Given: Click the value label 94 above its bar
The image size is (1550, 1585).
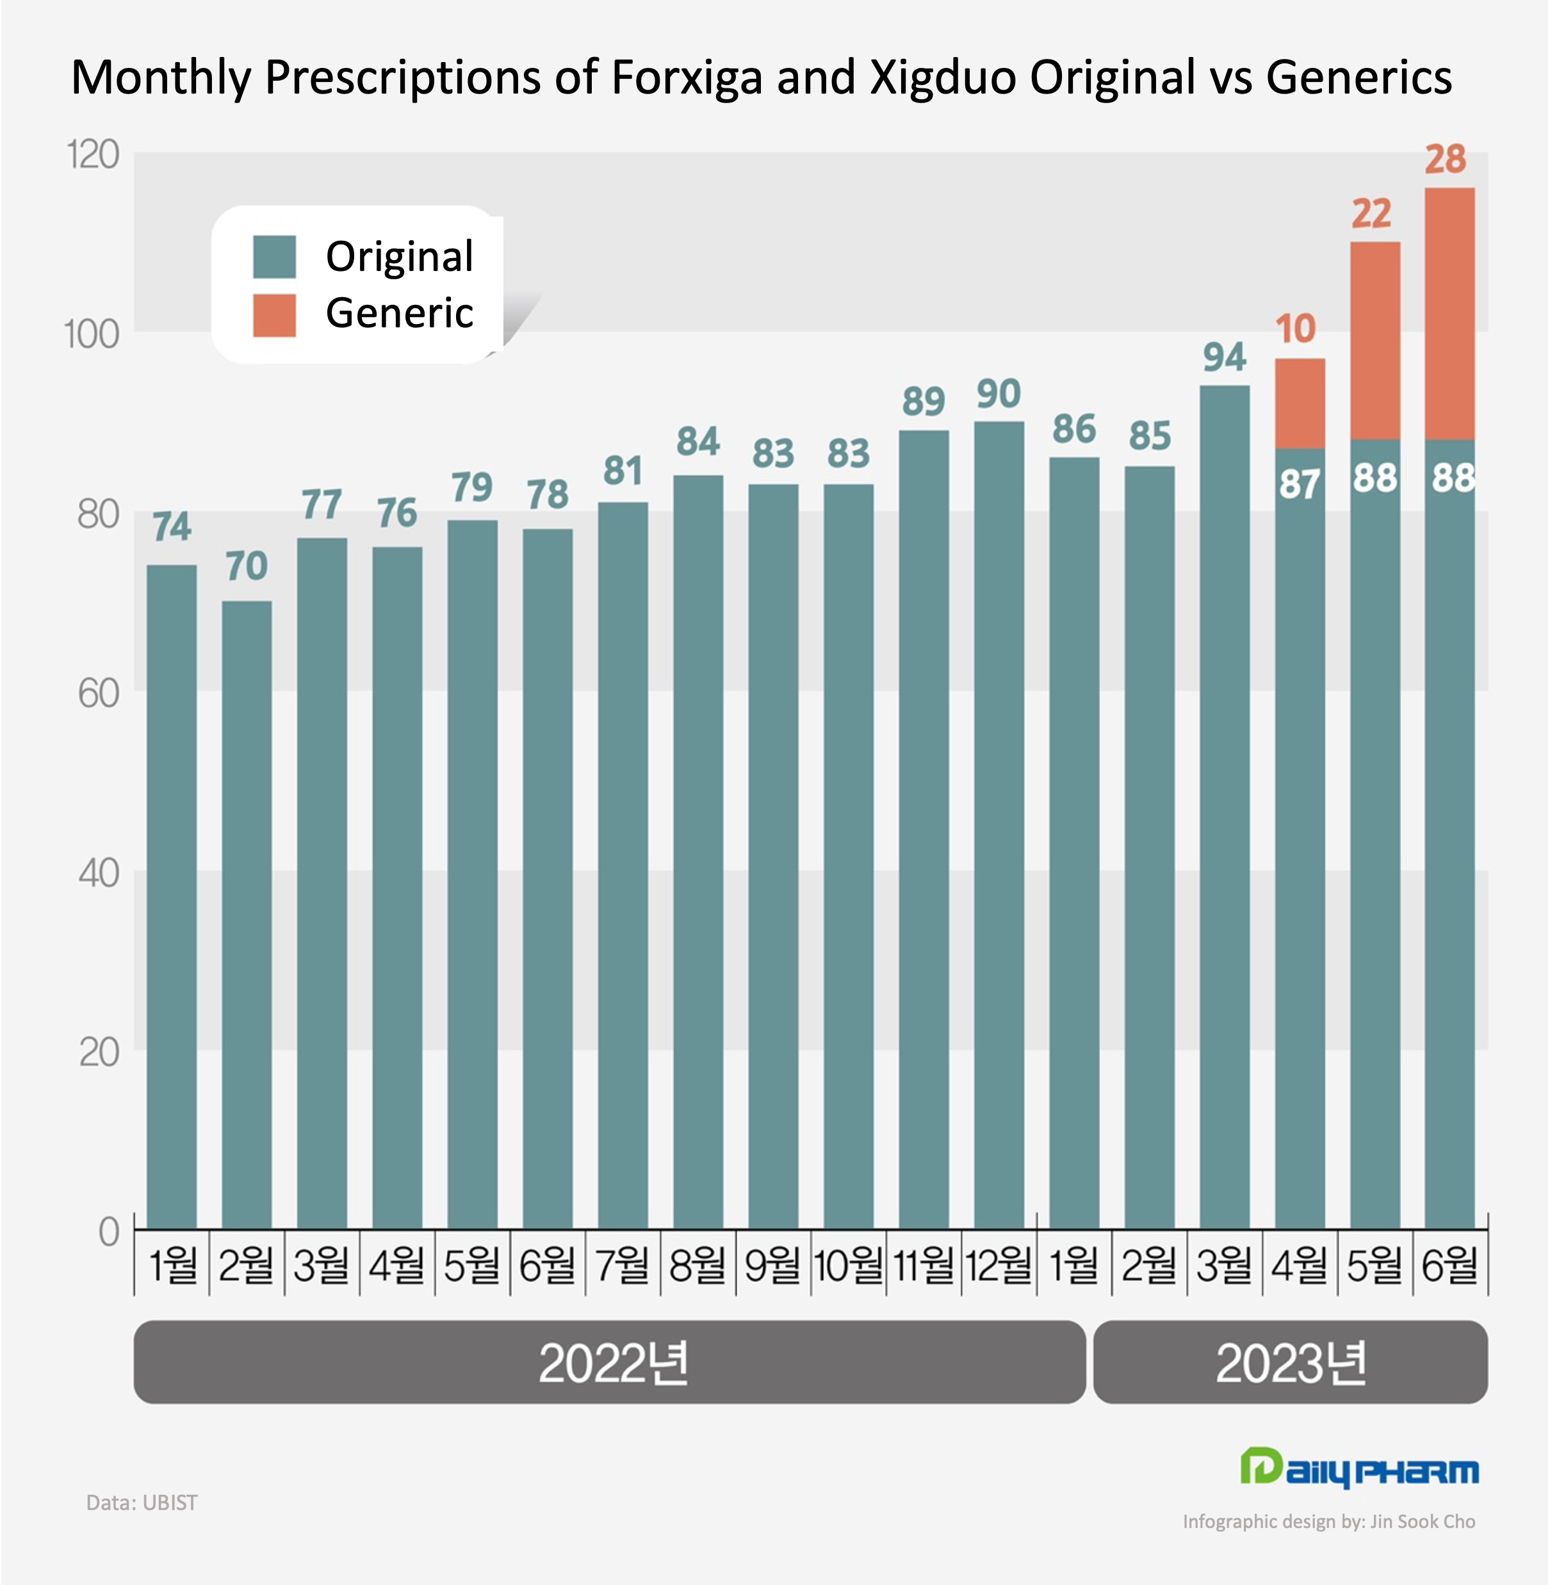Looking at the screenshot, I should click(1225, 357).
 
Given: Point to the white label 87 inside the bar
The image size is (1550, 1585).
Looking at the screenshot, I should click(1300, 485).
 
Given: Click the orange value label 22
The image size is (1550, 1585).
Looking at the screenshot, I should click(1372, 214).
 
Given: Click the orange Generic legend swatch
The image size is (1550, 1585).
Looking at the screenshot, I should click(274, 315).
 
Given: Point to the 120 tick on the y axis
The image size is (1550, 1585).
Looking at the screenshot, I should click(93, 155).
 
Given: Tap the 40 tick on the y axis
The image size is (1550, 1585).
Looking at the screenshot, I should click(99, 873).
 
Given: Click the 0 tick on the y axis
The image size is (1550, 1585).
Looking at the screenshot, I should click(108, 1231).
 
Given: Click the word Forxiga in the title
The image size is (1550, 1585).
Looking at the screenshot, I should click(686, 78).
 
